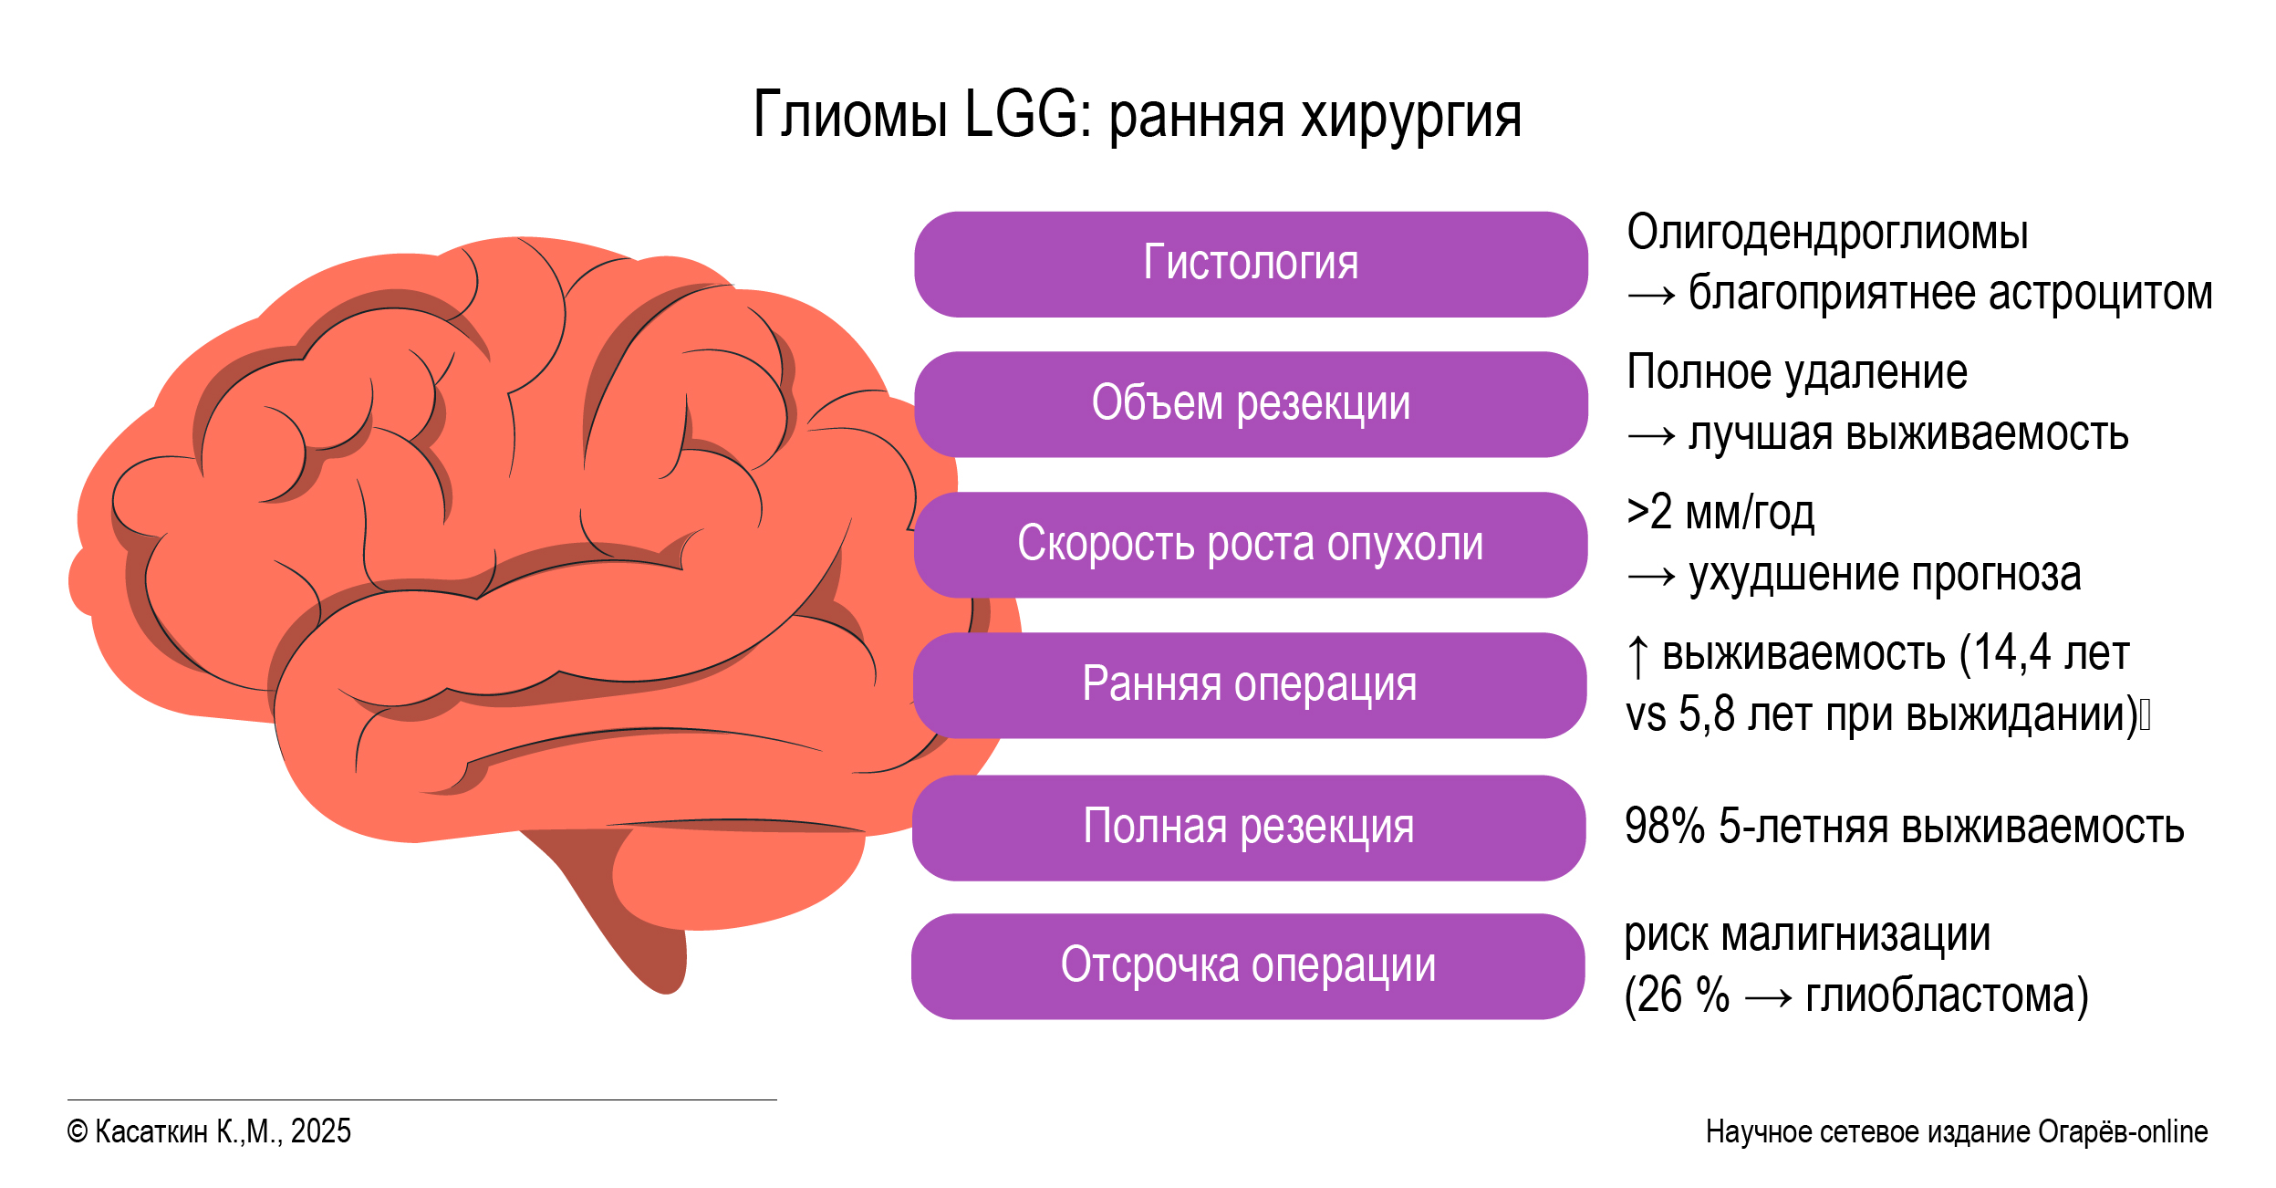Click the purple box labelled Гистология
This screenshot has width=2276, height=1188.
[x=1251, y=265]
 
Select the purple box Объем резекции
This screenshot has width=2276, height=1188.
[x=1251, y=404]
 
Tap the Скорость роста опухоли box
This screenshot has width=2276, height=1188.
[x=1251, y=545]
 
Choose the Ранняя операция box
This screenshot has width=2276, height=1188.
[x=1250, y=685]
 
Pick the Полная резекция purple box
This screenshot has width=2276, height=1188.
[x=1249, y=828]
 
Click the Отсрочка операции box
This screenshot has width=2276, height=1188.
[x=1248, y=966]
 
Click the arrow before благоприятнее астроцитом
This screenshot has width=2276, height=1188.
[x=1651, y=295]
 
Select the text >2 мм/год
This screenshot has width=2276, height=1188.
[x=1720, y=513]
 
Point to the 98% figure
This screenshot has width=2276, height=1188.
[x=1665, y=826]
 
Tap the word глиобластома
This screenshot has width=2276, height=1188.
[x=1939, y=995]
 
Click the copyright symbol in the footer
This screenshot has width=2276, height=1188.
[x=78, y=1132]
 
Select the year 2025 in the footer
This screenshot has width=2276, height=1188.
[x=320, y=1131]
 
